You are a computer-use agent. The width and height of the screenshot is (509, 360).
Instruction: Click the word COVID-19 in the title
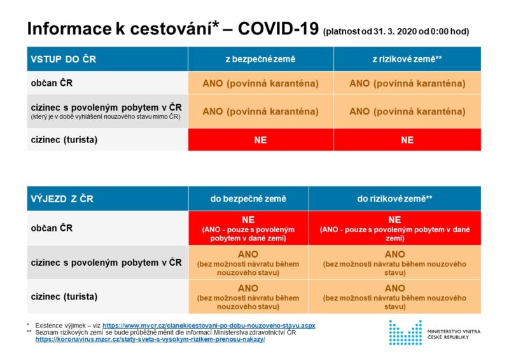pyautogui.click(x=278, y=29)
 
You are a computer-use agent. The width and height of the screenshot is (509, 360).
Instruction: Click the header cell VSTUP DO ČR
pyautogui.click(x=108, y=59)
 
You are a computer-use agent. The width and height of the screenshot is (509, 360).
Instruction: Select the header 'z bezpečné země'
pyautogui.click(x=261, y=59)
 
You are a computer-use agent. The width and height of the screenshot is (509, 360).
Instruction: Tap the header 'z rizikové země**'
pyautogui.click(x=407, y=59)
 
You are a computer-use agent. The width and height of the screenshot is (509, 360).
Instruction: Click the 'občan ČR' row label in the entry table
pyautogui.click(x=52, y=83)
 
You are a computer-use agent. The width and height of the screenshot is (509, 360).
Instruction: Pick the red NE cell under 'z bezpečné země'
pyautogui.click(x=261, y=140)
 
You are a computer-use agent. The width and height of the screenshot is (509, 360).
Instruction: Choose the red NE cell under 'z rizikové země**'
pyautogui.click(x=407, y=140)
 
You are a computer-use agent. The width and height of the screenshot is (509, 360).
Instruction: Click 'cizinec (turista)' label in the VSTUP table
pyautogui.click(x=64, y=140)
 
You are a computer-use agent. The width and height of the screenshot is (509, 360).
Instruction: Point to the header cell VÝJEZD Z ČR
pyautogui.click(x=108, y=198)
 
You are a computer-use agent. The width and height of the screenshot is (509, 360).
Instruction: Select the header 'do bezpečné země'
pyautogui.click(x=248, y=198)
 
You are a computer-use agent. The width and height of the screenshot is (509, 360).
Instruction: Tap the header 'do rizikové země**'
pyautogui.click(x=394, y=198)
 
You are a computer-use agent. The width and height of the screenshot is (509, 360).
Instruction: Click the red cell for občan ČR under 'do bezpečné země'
pyautogui.click(x=248, y=228)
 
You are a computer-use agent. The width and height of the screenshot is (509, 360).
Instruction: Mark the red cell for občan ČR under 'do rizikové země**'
pyautogui.click(x=394, y=228)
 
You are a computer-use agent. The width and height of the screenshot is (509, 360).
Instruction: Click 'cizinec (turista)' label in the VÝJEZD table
pyautogui.click(x=64, y=296)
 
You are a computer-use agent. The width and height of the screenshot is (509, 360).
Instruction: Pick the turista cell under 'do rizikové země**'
pyautogui.click(x=394, y=296)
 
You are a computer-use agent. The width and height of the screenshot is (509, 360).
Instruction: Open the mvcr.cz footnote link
pyautogui.click(x=209, y=326)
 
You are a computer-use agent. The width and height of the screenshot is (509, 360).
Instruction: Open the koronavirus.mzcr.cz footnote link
pyautogui.click(x=150, y=340)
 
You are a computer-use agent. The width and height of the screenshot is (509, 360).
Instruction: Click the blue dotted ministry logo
pyautogui.click(x=405, y=333)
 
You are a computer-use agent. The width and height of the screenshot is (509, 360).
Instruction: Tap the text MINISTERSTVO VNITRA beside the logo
pyautogui.click(x=454, y=332)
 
